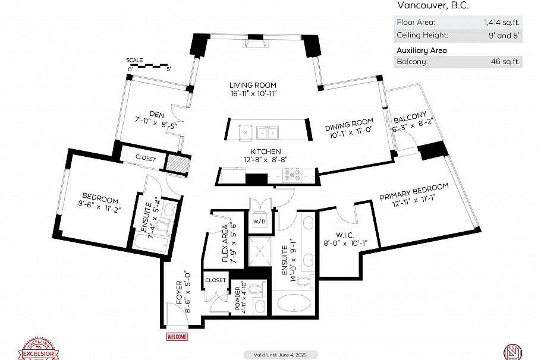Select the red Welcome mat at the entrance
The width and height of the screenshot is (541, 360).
pos(177,337)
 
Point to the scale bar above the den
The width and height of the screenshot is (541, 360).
pos(149,66)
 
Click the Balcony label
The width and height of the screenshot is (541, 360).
pos(409,114)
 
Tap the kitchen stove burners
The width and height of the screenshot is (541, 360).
pos(292,175)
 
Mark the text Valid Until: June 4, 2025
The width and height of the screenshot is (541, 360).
pos(270,355)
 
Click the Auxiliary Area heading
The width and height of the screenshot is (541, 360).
pos(422,50)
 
